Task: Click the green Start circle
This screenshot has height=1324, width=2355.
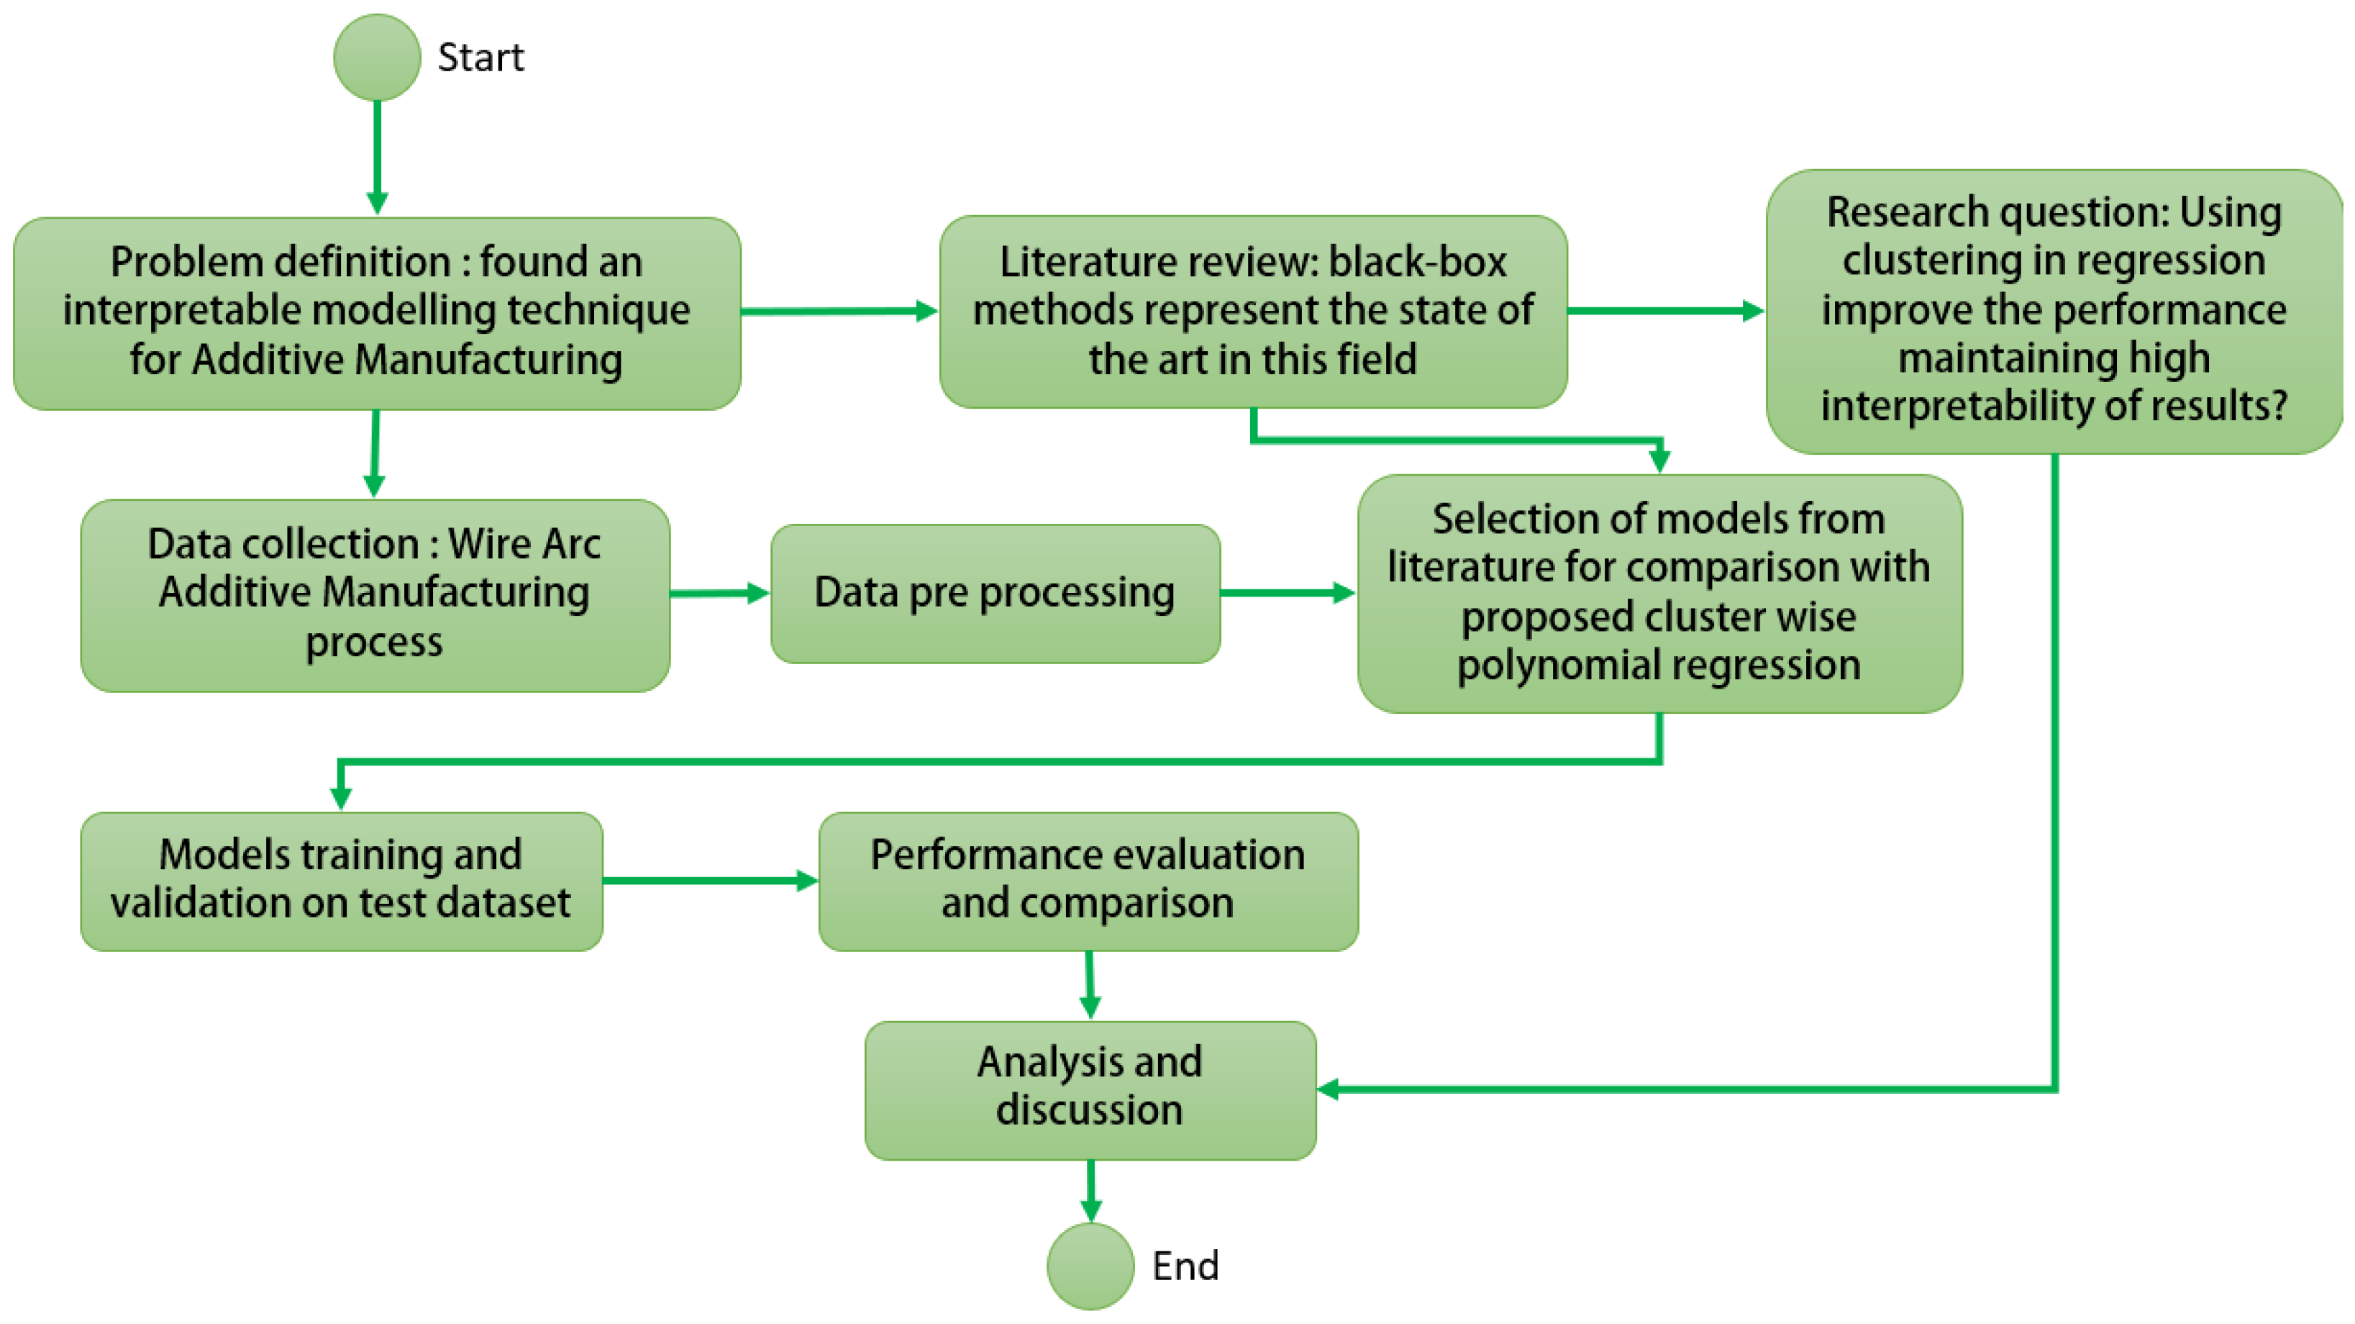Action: (377, 58)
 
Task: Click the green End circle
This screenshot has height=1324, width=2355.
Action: (1090, 1266)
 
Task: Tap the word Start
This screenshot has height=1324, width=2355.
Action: (481, 58)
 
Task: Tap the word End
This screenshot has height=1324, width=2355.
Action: (1185, 1266)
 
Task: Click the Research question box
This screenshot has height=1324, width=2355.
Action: (2054, 311)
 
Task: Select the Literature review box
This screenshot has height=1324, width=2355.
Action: (1252, 311)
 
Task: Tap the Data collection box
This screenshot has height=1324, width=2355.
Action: (375, 594)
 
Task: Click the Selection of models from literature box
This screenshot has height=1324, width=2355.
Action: (1659, 592)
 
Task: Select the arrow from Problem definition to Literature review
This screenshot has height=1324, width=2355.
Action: (837, 311)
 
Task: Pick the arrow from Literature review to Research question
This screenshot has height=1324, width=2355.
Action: (1664, 311)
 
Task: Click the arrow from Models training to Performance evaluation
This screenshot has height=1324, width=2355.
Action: (709, 881)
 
